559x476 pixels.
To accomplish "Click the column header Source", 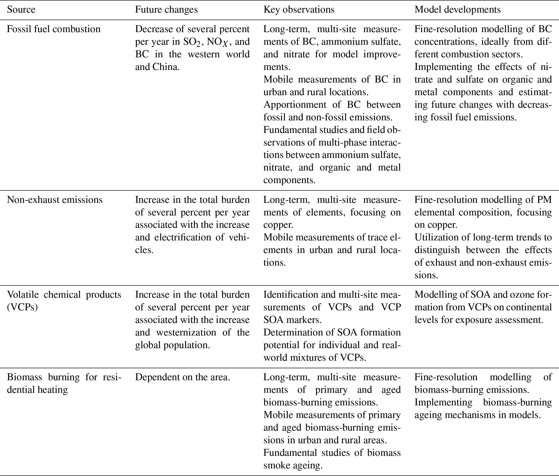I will (x=21, y=10).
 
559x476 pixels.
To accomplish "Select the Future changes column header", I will (x=166, y=10).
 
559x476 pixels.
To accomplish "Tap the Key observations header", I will (x=299, y=10).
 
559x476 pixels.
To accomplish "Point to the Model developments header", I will (x=457, y=10).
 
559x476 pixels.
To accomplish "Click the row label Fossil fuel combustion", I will (x=54, y=29).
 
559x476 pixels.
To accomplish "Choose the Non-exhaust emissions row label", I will (x=55, y=200).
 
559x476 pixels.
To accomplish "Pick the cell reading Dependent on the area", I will (x=183, y=377).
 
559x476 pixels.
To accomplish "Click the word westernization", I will (x=186, y=333).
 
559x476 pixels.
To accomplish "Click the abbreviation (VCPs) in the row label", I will (x=22, y=307).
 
